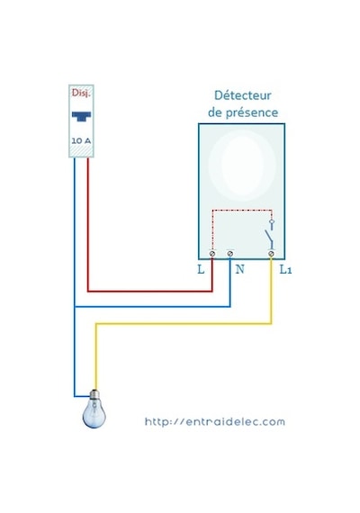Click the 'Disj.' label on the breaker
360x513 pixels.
coord(81,94)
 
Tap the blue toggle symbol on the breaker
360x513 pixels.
coord(82,116)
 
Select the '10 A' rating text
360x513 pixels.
coord(81,140)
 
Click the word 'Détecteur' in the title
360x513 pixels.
coord(243,95)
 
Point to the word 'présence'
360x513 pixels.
coord(252,113)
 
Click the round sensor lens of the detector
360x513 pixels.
coord(242,165)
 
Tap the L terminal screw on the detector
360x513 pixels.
coord(212,254)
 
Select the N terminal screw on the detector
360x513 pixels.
coord(230,254)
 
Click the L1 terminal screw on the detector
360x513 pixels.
coord(271,254)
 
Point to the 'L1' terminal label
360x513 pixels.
coord(285,270)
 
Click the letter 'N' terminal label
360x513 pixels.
coord(240,269)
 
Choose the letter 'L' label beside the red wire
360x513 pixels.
coord(201,269)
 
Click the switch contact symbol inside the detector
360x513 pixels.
coord(271,235)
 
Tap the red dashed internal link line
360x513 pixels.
coord(242,210)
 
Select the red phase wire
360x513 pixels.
coord(150,291)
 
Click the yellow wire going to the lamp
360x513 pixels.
coord(184,324)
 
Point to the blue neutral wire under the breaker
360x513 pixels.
coord(75,277)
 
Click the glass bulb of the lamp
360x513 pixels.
coord(94,414)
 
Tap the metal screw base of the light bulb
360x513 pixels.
coord(94,394)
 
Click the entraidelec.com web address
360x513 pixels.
coord(215,421)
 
